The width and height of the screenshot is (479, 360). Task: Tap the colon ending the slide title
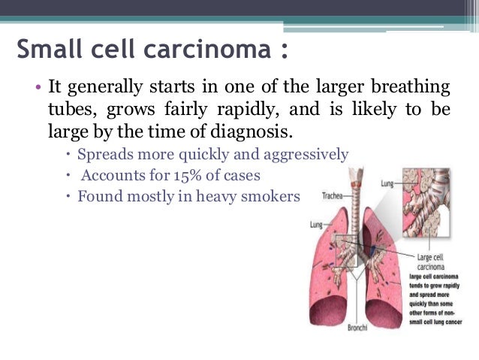(x=283, y=51)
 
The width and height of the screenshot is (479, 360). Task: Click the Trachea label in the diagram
(x=334, y=197)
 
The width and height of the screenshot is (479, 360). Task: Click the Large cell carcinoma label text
(x=430, y=263)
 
